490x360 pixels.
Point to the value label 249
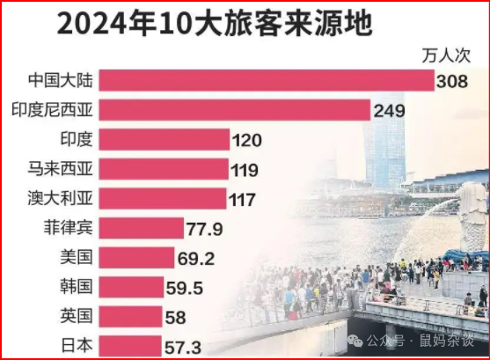[x=388, y=110]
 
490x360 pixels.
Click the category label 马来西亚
[x=62, y=169]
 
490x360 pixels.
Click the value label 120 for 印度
[x=247, y=139]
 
